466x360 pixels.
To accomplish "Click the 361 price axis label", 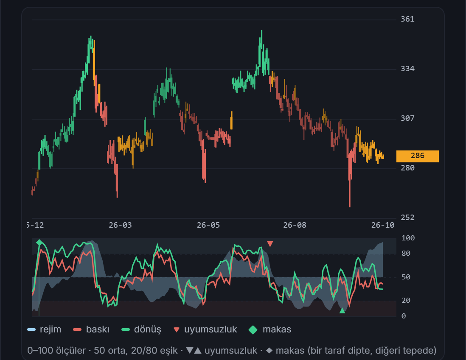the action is [407, 20].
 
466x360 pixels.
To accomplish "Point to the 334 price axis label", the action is [407, 69].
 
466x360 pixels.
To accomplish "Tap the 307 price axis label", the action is [407, 118].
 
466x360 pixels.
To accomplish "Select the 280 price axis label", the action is [407, 168].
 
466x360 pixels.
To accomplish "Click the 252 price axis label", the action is [407, 218].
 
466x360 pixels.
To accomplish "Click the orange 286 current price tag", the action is [417, 156].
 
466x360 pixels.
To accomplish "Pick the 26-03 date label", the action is [120, 225].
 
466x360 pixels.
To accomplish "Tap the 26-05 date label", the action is [208, 225].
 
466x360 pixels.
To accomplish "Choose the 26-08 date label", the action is [295, 225].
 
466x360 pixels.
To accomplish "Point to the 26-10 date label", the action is [383, 225].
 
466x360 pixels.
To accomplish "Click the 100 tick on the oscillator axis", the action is [408, 238].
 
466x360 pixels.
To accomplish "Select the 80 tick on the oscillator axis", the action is [406, 254].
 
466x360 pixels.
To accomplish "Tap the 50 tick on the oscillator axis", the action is [406, 277].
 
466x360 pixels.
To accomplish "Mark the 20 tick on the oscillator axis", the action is [406, 301].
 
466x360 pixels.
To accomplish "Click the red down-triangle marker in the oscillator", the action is [270, 244].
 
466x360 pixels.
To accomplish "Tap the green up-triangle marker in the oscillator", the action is [342, 311].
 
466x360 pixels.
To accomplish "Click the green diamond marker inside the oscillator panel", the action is [39, 243].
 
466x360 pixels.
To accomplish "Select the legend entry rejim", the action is [44, 329].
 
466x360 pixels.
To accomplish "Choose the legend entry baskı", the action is [91, 329].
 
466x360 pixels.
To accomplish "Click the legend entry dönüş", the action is [141, 329].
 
